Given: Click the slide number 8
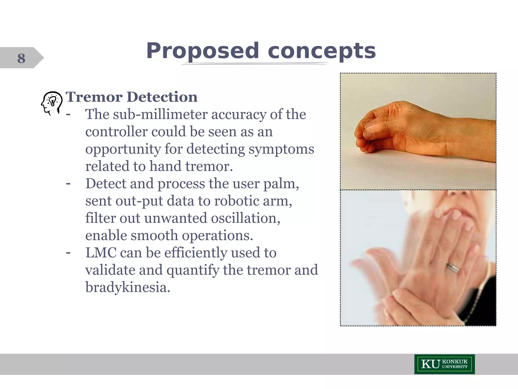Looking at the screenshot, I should coord(21,58).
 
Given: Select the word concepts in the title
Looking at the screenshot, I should coord(321,51).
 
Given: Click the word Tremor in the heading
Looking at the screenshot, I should coord(94,97).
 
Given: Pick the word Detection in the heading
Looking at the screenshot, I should coord(162,97).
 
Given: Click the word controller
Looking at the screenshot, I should coord(116,132).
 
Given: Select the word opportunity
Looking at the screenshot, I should coord(123,149).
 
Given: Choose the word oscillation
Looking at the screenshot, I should coord(245,218).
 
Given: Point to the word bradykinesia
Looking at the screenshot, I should coord(128,287).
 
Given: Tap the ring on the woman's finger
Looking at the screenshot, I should coord(453,268).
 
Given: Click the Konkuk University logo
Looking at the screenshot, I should coord(444,364).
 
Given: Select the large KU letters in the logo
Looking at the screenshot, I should coord(430,364).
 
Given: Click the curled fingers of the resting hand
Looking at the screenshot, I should coord(367,137).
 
